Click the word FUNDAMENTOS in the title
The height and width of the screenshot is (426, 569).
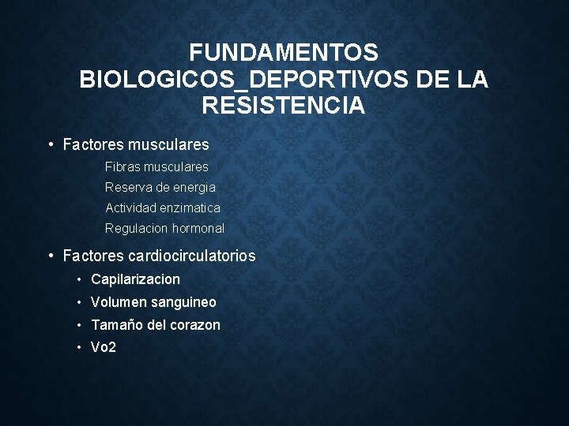[284, 53]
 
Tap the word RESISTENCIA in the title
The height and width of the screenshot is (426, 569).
[284, 105]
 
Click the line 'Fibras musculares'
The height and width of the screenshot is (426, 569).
[156, 167]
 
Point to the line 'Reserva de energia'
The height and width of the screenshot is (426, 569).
[160, 188]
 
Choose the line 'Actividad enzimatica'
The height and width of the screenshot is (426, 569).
[162, 208]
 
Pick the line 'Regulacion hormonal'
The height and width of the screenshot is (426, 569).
[164, 229]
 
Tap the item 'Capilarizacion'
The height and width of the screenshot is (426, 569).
[135, 279]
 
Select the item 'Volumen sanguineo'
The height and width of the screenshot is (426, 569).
[153, 302]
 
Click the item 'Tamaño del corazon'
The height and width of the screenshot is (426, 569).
[156, 325]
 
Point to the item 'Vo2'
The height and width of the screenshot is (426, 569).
[104, 348]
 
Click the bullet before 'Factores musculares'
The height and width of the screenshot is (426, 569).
[50, 144]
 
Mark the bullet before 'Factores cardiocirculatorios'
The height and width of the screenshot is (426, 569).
[50, 256]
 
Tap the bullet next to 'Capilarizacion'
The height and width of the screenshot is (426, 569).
[81, 279]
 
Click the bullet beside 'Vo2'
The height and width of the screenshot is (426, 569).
[81, 348]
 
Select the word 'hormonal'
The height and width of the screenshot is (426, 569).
[198, 229]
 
